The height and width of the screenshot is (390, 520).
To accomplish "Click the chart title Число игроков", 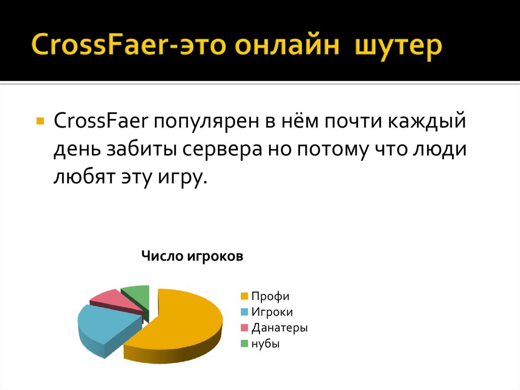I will tap(192, 256).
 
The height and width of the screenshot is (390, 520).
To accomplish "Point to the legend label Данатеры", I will tap(280, 328).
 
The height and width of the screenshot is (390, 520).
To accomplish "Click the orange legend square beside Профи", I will tap(244, 296).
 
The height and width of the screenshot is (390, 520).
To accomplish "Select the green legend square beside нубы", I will tap(244, 344).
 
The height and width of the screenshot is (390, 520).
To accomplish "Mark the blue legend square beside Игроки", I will tap(244, 312).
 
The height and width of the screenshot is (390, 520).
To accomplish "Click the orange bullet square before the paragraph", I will tap(40, 123).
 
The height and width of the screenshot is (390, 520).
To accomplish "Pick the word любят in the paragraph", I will tap(83, 178).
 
